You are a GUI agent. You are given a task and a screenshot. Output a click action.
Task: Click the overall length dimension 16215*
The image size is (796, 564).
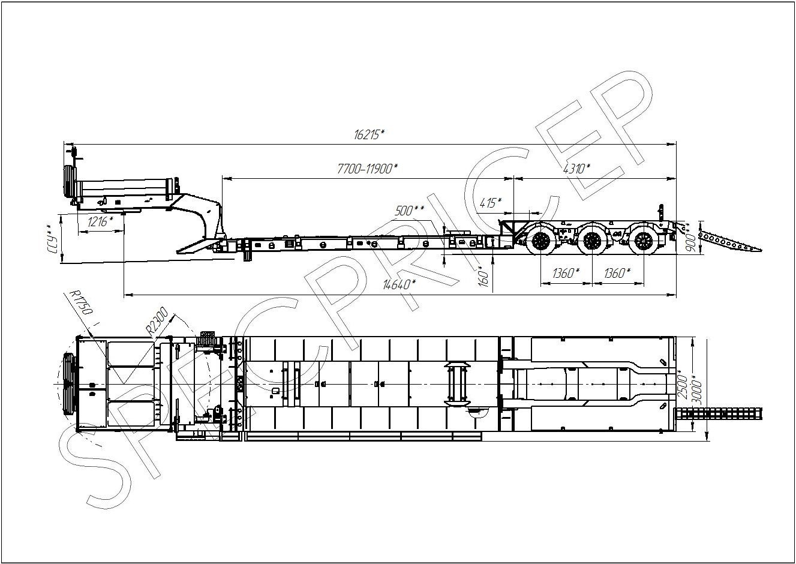click(370, 134)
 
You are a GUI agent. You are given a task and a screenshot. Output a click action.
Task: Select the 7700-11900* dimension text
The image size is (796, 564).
click(367, 169)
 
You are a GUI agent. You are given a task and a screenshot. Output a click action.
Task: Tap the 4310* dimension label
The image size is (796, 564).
click(576, 169)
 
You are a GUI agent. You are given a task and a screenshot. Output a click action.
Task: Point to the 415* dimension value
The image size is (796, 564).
click(491, 203)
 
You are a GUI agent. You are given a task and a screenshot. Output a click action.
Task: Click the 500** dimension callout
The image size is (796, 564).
click(409, 211)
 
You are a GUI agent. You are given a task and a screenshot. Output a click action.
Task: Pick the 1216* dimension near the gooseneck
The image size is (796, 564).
click(100, 221)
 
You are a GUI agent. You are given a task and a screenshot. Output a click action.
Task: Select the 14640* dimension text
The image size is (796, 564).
click(399, 284)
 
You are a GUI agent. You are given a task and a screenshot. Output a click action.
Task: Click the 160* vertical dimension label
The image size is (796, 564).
click(483, 276)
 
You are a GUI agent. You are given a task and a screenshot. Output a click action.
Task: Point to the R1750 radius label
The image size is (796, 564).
click(82, 302)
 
